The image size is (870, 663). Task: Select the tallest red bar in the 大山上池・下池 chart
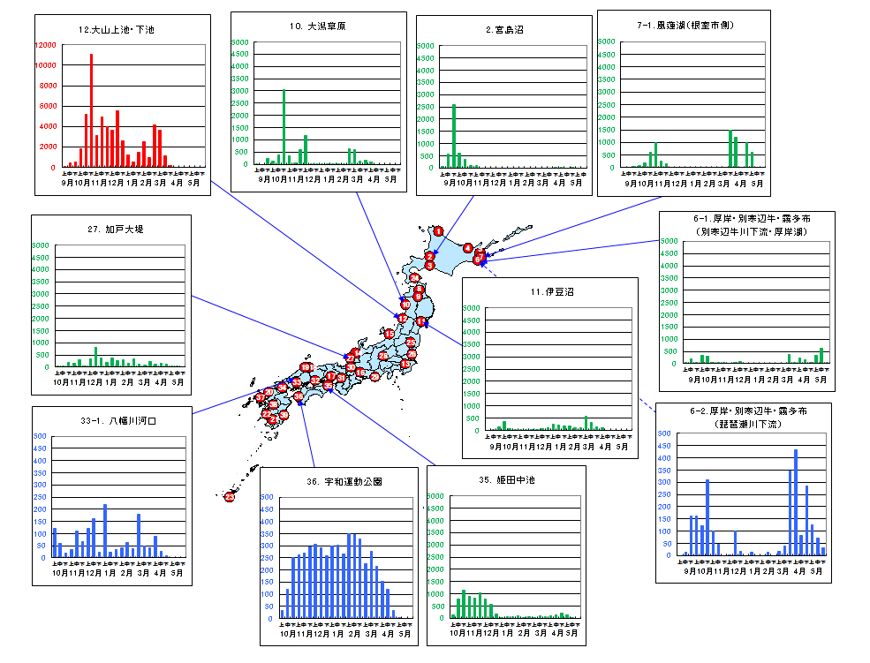coord(91,110)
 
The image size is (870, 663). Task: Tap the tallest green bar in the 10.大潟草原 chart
coord(284,126)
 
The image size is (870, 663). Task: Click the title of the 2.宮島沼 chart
coord(504,29)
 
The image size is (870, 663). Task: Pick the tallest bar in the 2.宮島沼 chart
coord(454,136)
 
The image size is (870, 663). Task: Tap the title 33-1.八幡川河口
coord(120,421)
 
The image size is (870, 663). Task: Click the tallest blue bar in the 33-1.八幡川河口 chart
coord(104,531)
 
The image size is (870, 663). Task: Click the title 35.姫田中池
coord(506,481)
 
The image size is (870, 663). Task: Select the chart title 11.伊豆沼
coord(548,291)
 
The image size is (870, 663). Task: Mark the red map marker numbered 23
coord(230,497)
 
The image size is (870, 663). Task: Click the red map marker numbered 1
coord(438,231)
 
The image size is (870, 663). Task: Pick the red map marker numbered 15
coord(390,334)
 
